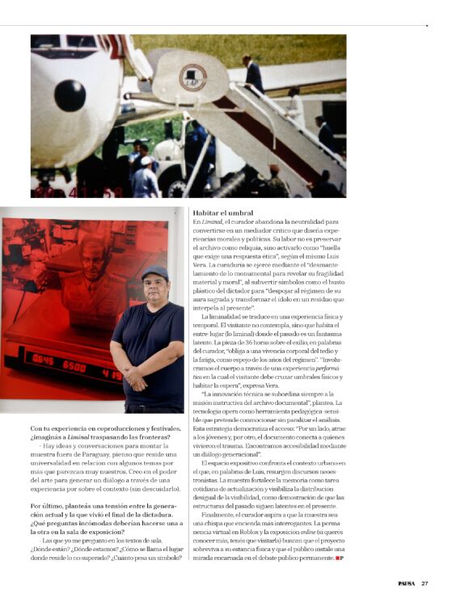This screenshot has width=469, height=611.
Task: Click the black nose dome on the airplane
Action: pyautogui.click(x=70, y=95)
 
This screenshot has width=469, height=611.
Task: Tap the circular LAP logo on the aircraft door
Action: pyautogui.click(x=192, y=77)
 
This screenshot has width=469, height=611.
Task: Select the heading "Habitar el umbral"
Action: pyautogui.click(x=223, y=213)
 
